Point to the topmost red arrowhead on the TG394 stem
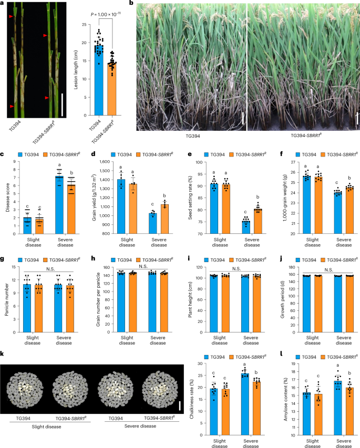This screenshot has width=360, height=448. [11, 17]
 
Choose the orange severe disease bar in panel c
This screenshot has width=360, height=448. [68, 206]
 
